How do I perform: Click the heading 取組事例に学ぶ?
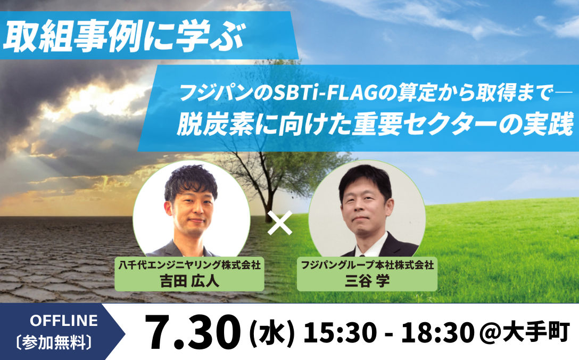coord(124,37)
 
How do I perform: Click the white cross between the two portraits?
coord(280,223)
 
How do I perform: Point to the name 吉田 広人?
coord(189,281)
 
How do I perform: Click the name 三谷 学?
coord(367,281)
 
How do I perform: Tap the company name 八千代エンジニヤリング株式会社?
coord(189,265)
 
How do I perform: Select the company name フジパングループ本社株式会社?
coord(367,265)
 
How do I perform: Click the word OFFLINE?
coord(64,321)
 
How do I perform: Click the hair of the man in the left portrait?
coord(190,182)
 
